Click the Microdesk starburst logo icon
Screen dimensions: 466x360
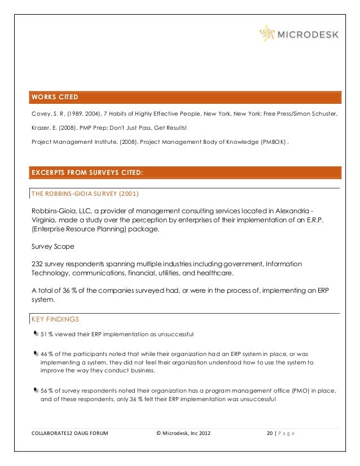[x=267, y=33]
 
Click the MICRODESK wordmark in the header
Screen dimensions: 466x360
[x=308, y=34]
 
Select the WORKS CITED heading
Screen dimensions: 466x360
[x=55, y=97]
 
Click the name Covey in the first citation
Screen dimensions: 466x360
[x=39, y=113]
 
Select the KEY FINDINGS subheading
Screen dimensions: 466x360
[x=55, y=319]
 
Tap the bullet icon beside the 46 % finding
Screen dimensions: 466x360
[x=36, y=353]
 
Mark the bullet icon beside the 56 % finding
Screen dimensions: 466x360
[x=36, y=389]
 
